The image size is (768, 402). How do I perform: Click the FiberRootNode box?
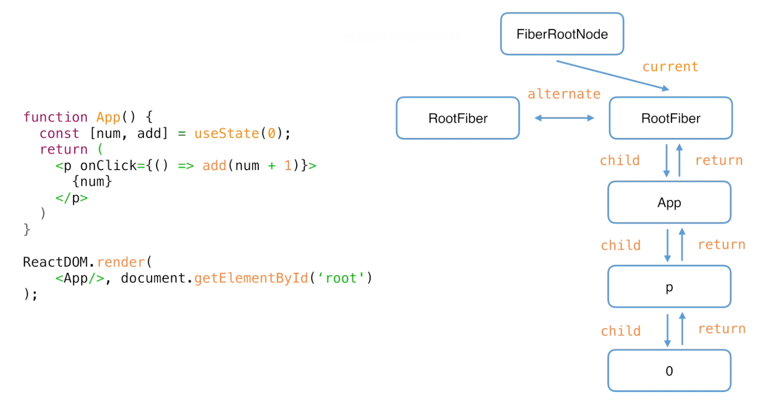562,34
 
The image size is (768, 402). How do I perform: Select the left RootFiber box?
458,118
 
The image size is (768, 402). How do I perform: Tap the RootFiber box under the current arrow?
670,118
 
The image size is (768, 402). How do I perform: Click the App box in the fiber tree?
669,202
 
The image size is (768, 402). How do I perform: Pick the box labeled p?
669,286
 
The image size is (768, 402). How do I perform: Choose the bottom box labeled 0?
669,371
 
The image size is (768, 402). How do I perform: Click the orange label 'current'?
670,67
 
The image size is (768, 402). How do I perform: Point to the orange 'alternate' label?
564,94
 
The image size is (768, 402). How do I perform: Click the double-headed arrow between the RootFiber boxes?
564,118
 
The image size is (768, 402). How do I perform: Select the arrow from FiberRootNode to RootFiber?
613,75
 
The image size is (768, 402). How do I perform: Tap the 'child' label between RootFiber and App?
620,160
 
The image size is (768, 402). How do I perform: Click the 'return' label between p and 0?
722,329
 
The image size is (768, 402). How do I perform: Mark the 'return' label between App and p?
722,245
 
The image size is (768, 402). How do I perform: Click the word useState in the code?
226,133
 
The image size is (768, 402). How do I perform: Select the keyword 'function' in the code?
55,117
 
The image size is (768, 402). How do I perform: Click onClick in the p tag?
108,166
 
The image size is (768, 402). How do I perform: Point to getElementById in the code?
251,278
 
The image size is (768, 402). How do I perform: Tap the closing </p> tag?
72,198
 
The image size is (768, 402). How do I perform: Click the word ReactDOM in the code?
55,262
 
